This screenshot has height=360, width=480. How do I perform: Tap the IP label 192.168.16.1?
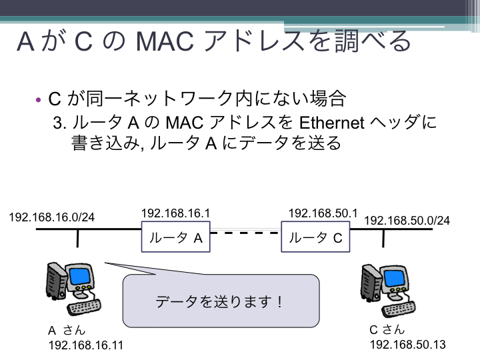tap(176, 213)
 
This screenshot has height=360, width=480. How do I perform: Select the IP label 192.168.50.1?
tap(323, 213)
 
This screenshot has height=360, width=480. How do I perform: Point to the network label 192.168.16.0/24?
tap(52, 217)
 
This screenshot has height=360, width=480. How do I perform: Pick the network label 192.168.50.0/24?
tap(407, 221)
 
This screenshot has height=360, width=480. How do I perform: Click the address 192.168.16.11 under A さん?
tap(86, 345)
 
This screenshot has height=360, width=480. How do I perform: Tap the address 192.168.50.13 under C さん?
tap(408, 345)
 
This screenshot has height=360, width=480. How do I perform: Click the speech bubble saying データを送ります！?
tap(221, 301)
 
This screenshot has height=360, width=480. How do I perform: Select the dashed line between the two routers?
tap(245, 233)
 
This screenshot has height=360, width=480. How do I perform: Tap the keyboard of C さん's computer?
tap(399, 310)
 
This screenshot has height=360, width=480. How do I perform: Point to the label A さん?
tap(67, 331)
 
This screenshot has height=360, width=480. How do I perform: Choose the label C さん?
tap(387, 330)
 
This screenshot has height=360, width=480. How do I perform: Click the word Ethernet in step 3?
tap(331, 123)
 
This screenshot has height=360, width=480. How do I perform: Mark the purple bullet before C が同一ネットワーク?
tap(38, 100)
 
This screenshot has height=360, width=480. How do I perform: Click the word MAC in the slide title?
tap(165, 41)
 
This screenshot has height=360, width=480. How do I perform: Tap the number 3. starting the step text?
tap(60, 123)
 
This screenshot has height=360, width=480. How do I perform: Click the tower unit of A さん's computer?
tap(56, 280)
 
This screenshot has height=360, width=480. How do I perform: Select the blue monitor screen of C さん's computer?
tap(394, 278)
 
